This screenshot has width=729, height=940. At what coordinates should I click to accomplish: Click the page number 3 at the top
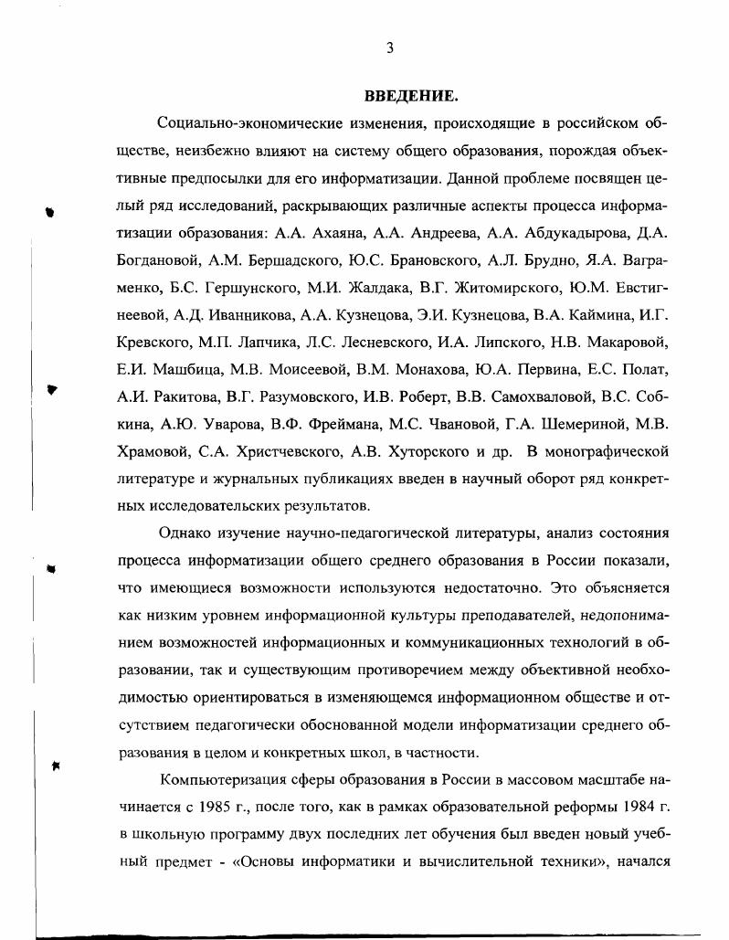click(389, 49)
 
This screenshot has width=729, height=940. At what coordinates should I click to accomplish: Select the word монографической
click(606, 451)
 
